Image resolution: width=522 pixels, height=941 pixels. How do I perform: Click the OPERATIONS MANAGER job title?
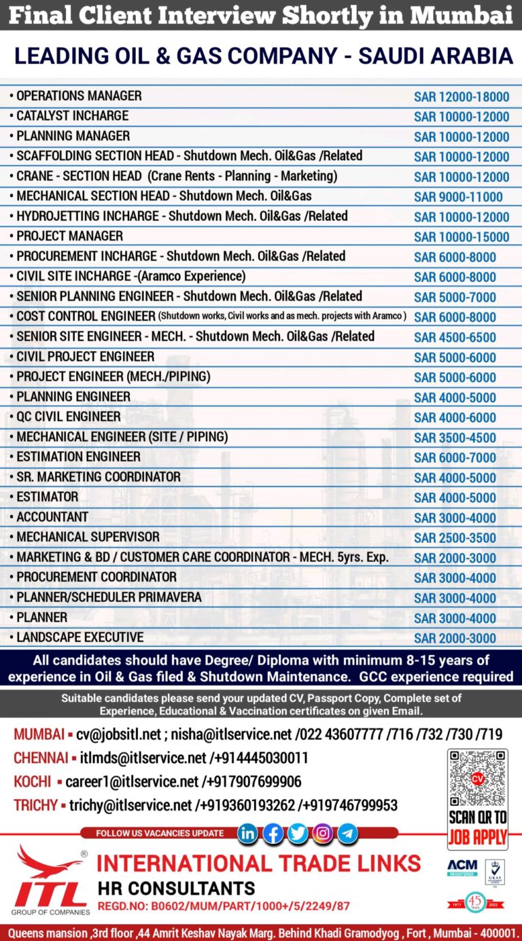click(79, 96)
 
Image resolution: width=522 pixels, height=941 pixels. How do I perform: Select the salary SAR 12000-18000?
click(462, 97)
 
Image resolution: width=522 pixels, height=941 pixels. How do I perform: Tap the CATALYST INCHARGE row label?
click(72, 116)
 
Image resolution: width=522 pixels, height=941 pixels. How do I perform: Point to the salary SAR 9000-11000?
click(458, 197)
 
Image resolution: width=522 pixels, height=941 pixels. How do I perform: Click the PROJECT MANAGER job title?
click(69, 236)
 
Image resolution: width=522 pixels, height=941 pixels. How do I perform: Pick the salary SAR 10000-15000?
click(462, 237)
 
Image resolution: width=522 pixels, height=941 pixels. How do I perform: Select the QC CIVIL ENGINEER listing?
click(68, 416)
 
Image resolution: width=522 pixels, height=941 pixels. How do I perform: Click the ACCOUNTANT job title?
click(52, 516)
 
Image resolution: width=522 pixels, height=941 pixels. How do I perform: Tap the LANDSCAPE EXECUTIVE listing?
click(80, 637)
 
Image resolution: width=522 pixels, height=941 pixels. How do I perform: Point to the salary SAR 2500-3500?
click(455, 538)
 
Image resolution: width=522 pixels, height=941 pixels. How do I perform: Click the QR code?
click(477, 779)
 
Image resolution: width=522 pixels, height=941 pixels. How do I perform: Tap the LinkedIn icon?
click(247, 833)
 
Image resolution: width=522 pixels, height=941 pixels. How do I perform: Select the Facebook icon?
click(273, 833)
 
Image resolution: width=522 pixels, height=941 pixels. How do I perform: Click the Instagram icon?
click(323, 833)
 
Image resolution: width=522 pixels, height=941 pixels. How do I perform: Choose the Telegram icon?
click(348, 833)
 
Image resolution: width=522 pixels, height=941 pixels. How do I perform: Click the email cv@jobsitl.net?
click(119, 734)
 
